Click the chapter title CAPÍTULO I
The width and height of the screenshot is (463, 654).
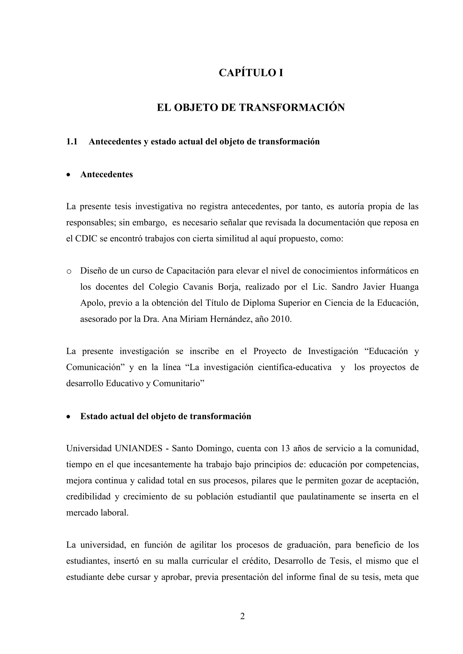251,73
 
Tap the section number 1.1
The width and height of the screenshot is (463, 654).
72,142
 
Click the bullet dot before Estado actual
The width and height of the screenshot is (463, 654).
68,416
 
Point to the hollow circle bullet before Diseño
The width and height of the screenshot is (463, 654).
69,271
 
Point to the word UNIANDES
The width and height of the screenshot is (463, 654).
138,448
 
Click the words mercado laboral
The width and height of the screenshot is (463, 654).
97,513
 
